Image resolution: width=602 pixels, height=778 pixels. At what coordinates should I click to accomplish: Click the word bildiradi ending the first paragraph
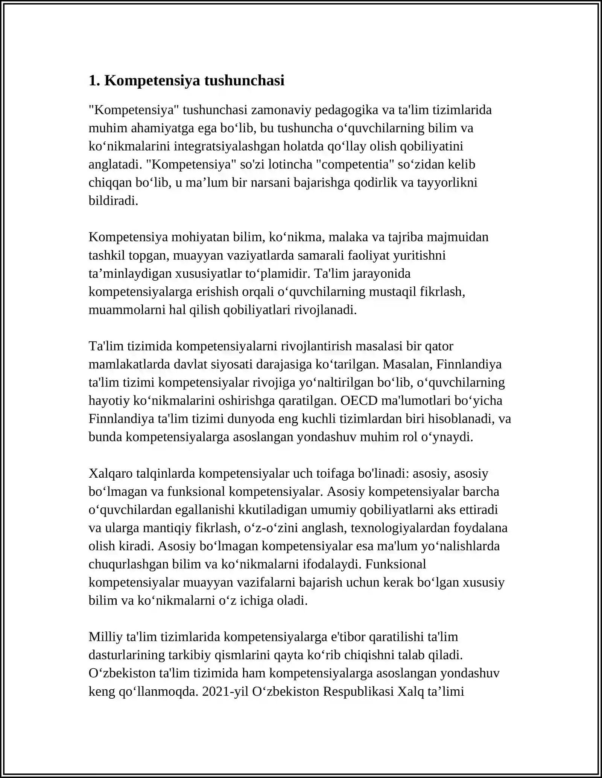pos(113,201)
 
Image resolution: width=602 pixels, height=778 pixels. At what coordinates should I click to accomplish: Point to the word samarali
pos(321,255)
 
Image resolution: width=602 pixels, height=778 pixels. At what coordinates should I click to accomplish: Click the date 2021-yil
pos(225,691)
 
